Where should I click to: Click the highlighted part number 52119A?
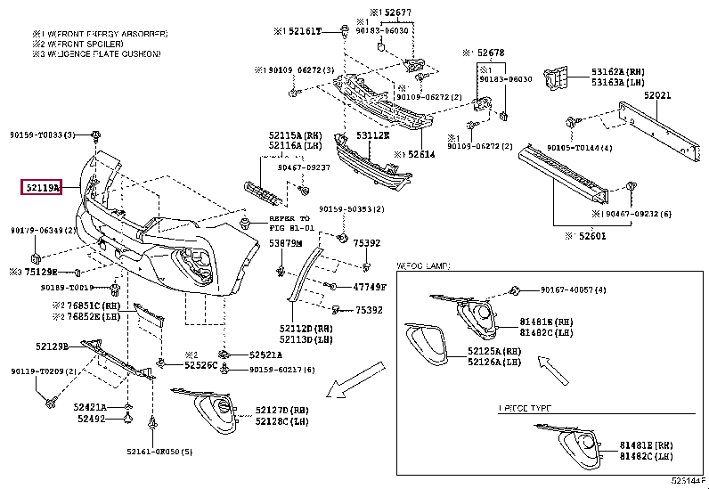42,187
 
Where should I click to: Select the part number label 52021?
657,94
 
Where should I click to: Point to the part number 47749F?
370,287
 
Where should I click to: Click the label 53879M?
286,242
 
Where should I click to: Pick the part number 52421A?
90,406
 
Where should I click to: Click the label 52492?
91,418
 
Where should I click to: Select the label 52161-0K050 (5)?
159,452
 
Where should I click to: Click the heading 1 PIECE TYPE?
526,408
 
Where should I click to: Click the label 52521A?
266,354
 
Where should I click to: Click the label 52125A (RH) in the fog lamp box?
494,352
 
